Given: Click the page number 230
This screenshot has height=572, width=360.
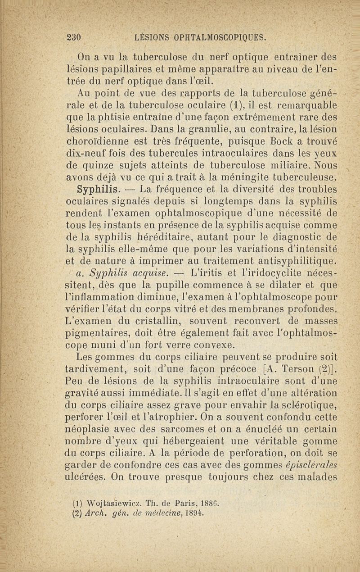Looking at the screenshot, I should click(x=72, y=37).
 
